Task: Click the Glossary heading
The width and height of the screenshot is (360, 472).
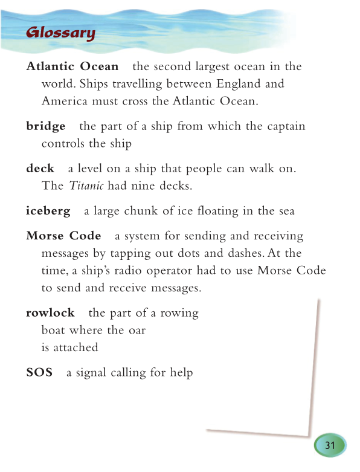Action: point(60,33)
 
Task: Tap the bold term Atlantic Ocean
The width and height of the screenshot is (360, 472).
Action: point(72,66)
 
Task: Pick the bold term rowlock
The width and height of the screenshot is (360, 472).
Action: point(50,312)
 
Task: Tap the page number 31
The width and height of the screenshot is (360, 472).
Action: point(330,445)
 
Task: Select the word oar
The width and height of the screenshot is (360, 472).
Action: point(137,331)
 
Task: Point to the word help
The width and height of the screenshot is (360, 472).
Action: point(181,373)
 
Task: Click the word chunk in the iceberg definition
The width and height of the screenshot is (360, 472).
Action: point(138,211)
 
